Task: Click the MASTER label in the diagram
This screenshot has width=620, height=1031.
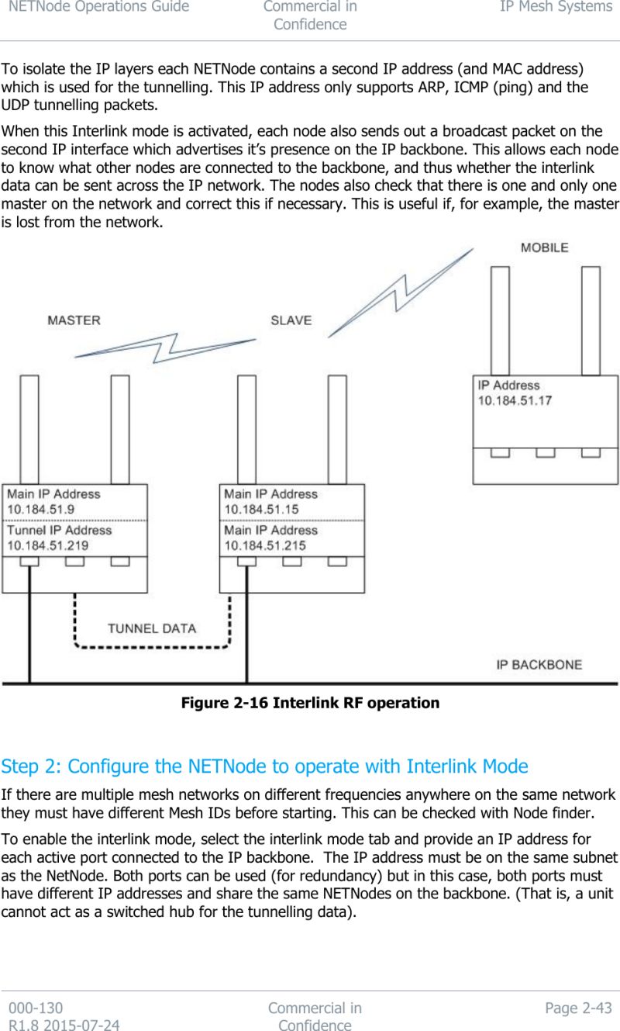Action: click(x=74, y=320)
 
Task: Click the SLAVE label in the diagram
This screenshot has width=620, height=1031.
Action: click(x=291, y=320)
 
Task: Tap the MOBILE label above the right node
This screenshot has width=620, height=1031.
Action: click(x=544, y=247)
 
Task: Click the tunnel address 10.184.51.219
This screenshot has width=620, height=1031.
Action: click(x=47, y=545)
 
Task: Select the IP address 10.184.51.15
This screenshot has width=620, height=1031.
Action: click(x=261, y=509)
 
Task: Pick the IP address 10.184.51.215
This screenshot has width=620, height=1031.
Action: click(x=264, y=545)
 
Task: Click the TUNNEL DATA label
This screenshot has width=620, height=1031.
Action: click(x=152, y=628)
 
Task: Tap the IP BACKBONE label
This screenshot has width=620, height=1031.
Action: click(x=539, y=665)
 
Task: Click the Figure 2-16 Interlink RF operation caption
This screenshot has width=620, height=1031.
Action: click(x=310, y=703)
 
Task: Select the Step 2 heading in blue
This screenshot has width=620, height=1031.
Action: click(x=264, y=766)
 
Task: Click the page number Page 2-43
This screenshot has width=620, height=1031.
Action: click(x=578, y=1008)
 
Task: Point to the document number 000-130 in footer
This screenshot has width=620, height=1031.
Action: click(x=36, y=1008)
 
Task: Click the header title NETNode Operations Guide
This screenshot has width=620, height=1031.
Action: click(x=95, y=7)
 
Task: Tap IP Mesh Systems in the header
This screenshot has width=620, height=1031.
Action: click(x=556, y=7)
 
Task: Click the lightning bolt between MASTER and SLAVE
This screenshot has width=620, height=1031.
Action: click(x=165, y=348)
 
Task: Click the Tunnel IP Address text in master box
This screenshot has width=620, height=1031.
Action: click(x=60, y=530)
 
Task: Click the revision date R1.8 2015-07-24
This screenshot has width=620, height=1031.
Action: click(x=64, y=1025)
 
